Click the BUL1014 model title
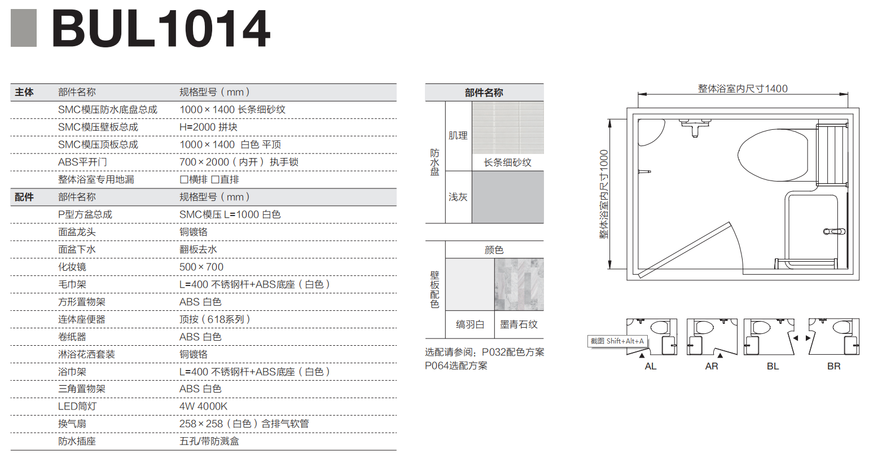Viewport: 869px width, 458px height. (161, 28)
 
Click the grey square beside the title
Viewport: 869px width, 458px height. (24, 28)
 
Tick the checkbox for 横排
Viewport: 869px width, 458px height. (184, 179)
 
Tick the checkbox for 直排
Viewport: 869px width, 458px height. (214, 179)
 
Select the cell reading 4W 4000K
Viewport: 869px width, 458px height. (203, 406)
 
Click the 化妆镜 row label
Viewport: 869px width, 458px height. (72, 267)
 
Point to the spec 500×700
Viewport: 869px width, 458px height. (201, 267)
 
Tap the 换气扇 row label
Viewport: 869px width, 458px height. (72, 424)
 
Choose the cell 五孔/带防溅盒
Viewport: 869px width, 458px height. (209, 441)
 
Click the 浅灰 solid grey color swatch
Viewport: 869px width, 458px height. (508, 197)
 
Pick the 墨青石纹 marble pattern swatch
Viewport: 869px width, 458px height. (519, 284)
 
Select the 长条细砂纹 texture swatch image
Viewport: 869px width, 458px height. (508, 127)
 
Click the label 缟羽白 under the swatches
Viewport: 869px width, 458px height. (470, 324)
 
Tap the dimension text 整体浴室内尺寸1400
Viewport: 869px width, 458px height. (743, 89)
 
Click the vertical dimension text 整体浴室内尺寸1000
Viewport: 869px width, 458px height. (604, 194)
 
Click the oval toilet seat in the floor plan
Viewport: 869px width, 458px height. (773, 155)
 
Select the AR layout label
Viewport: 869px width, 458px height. (712, 366)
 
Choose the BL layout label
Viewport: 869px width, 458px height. (773, 366)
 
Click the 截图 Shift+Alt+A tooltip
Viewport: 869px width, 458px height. (617, 341)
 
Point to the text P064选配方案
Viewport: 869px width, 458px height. (456, 365)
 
